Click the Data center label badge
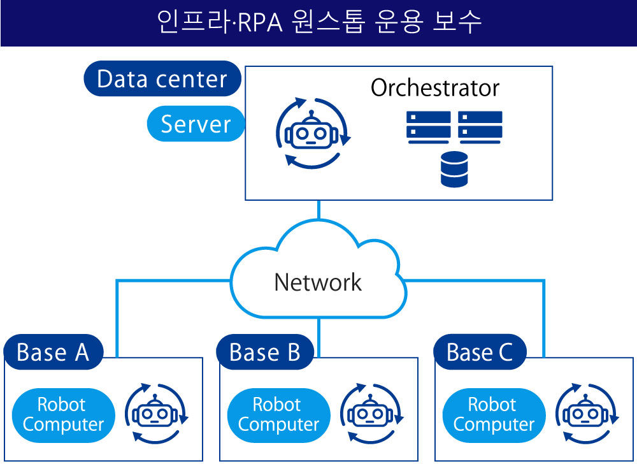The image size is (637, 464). pos(162,78)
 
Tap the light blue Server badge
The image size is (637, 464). pos(196,124)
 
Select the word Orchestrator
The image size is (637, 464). pos(434,88)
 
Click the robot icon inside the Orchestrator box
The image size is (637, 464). pos(311,133)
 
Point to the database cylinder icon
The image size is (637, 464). pos(454,170)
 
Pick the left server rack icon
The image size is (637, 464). pos(428,127)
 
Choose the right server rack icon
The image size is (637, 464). pos(480,127)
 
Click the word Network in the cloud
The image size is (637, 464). pos(318,282)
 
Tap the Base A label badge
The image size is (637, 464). pos(54,352)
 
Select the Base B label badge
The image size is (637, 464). pos(265,352)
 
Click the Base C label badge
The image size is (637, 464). pos(480,352)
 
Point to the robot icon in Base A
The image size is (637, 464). pos(156,413)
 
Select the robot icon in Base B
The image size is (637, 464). pos(371,413)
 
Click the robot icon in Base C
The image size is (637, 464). pos(587,413)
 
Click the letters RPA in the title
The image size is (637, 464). pos(260,23)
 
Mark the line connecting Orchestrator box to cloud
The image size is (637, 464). pos(318,210)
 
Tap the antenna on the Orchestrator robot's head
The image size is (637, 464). pos(311,117)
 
